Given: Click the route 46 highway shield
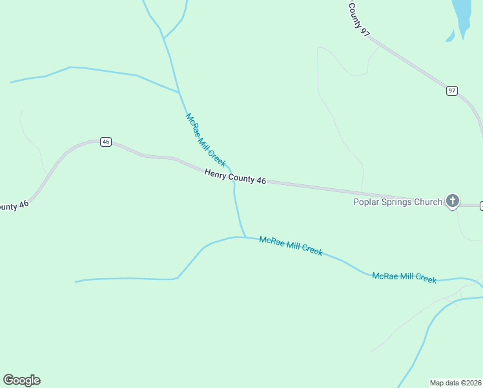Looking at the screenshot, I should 106,142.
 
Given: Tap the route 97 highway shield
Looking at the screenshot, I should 452,91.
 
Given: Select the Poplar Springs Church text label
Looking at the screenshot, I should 397,202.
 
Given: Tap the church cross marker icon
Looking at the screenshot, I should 453,201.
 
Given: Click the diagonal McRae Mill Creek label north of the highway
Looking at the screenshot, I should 205,140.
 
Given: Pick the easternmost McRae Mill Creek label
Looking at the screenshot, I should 404,277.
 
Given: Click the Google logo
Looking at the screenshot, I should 21,380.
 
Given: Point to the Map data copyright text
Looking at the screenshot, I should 456,383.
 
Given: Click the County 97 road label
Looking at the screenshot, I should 358,19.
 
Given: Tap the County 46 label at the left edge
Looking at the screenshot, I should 13,206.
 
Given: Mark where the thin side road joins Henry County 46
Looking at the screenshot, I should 362,191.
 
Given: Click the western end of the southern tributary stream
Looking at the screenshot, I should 76,282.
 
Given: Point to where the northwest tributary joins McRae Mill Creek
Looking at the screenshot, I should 179,92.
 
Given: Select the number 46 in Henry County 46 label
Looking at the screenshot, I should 260,182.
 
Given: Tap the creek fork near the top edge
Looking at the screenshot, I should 164,38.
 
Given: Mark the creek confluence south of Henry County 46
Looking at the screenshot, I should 245,237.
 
